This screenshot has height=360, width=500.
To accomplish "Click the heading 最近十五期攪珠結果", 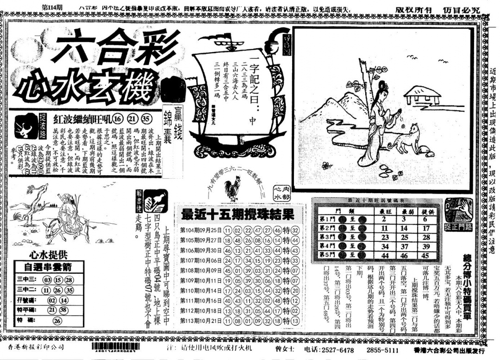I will pyautogui.click(x=237, y=215).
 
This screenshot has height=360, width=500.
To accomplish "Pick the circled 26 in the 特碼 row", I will pyautogui.click(x=57, y=320).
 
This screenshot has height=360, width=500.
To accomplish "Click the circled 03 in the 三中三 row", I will pyautogui.click(x=47, y=280).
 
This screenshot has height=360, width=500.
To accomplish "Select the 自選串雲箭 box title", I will pyautogui.click(x=48, y=267).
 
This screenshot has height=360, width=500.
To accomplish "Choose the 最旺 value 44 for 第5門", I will pyautogui.click(x=384, y=255).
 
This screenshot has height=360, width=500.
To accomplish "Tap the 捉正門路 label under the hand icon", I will pyautogui.click(x=458, y=227).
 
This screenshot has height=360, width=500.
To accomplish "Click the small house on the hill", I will pyautogui.click(x=422, y=95).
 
